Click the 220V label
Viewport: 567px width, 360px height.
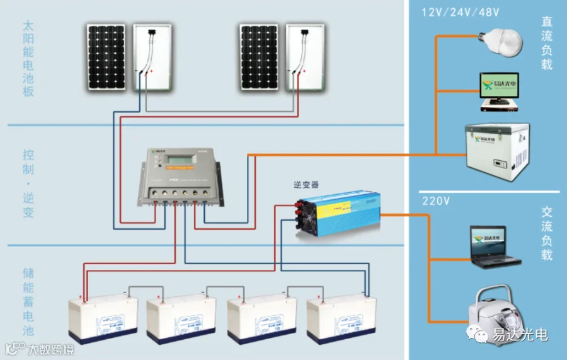[435, 202]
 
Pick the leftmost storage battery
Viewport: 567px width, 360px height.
[103, 318]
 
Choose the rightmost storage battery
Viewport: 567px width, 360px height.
[341, 318]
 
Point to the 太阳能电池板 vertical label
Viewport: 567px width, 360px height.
[28, 59]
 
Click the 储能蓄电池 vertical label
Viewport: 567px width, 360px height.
[28, 302]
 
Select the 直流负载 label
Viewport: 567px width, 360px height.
[546, 43]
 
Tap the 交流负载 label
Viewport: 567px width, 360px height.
[546, 234]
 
